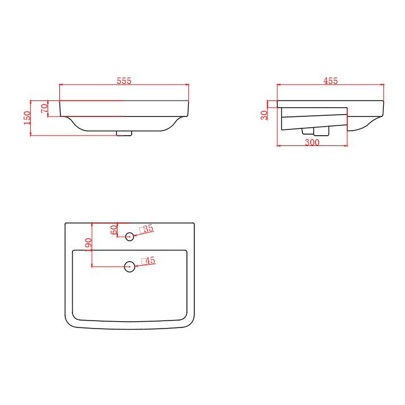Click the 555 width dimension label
(x=124, y=80)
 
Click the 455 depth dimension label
(x=331, y=80)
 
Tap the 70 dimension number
(x=44, y=108)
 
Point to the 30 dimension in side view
(x=264, y=115)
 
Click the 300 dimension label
(x=312, y=143)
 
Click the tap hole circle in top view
(x=130, y=236)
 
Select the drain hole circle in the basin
(x=130, y=266)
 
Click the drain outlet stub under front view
(x=124, y=133)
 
